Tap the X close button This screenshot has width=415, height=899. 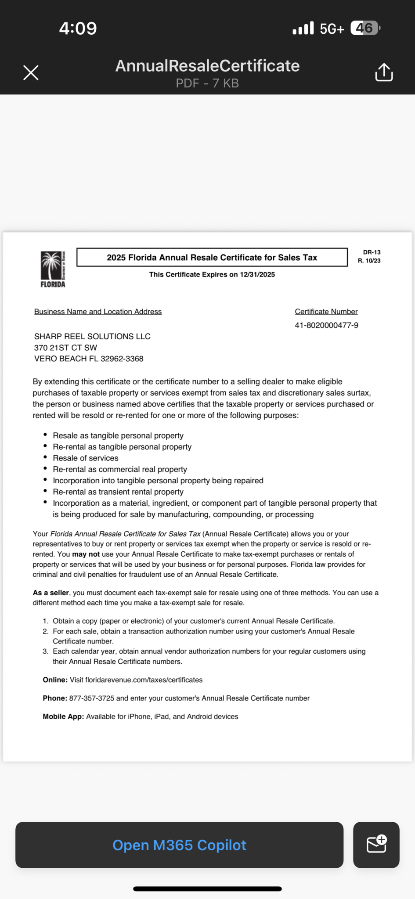pos(31,73)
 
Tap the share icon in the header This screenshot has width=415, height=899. pos(384,72)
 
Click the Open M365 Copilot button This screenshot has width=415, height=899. pos(179,845)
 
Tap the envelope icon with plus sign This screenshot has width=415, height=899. pos(376,845)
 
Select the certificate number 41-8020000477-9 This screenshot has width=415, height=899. pos(326,325)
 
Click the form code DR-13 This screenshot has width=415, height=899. pos(372,252)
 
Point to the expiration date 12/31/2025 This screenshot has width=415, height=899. pos(257,274)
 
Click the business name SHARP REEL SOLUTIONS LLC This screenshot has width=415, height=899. pos(92,336)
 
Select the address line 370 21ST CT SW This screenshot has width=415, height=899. pos(65,348)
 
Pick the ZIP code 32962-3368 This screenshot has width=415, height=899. pos(122,359)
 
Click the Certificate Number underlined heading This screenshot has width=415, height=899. pos(326,312)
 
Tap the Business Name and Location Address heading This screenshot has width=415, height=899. pos(98,312)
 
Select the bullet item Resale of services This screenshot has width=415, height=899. pos(86,458)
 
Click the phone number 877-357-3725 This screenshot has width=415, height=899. pos(92,698)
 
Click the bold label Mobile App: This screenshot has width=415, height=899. pos(63,716)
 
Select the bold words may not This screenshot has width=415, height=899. pos(86,554)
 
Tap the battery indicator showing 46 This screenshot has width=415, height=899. pos(364,29)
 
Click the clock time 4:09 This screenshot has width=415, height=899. pos(78,29)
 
